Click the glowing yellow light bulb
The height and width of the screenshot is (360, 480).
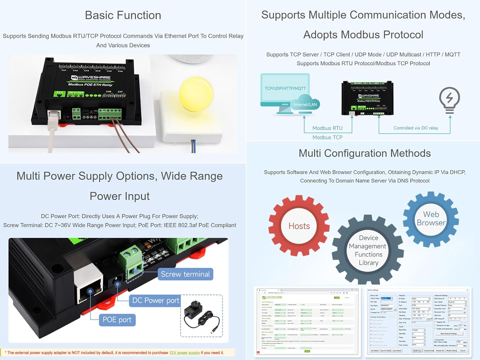196,92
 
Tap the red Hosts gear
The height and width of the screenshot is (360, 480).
299,226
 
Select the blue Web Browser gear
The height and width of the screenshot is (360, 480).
431,219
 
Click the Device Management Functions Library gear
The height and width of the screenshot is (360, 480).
368,250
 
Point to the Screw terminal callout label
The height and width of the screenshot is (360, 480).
185,274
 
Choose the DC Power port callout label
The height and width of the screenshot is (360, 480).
156,300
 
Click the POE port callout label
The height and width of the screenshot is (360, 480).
117,320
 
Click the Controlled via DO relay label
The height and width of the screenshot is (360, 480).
416,128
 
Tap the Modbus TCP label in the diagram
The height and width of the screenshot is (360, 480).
327,137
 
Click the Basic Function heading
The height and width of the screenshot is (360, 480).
123,15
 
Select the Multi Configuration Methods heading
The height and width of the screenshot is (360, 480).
364,153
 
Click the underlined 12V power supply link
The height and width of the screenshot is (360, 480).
184,353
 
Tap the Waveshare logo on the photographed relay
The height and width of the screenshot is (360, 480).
91,78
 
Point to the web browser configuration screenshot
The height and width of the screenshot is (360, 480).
307,321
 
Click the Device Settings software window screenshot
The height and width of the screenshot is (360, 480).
418,321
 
